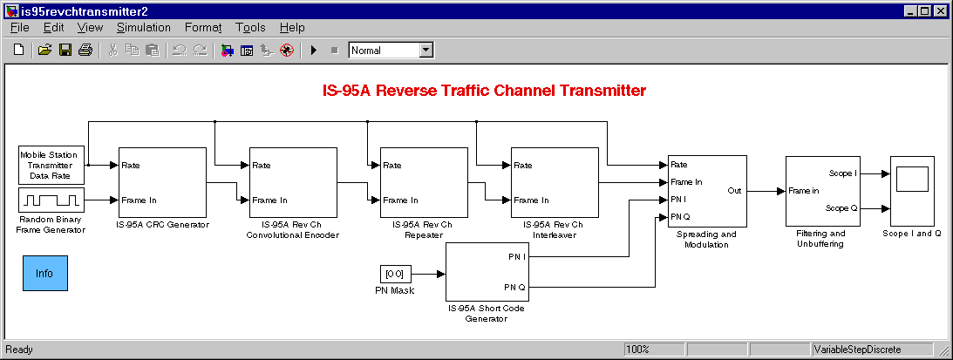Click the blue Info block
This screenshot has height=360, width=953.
tap(45, 273)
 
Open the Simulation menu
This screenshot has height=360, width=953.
tap(144, 27)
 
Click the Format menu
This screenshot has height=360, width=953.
tap(203, 27)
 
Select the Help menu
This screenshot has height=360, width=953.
tap(292, 27)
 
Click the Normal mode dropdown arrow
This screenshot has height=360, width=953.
tap(426, 51)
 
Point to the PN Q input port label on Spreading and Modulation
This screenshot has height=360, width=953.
tap(681, 216)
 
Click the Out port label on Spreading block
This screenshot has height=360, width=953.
tap(734, 190)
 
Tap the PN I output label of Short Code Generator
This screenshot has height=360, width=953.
tap(517, 256)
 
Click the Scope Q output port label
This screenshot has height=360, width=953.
tap(841, 208)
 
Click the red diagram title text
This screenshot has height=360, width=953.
tap(484, 91)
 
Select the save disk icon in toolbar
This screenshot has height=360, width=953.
tap(65, 51)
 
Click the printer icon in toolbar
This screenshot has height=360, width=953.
tap(85, 51)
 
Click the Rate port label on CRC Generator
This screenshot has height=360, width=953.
tap(131, 165)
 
